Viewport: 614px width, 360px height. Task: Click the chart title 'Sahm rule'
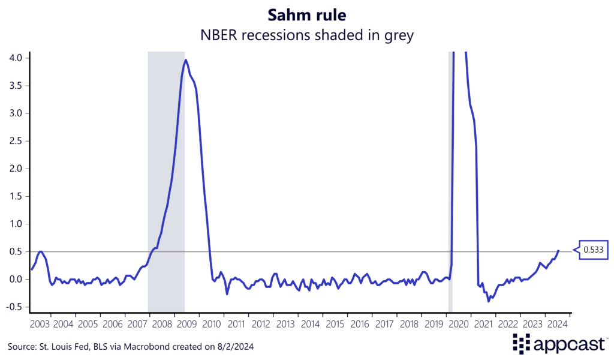pyautogui.click(x=307, y=13)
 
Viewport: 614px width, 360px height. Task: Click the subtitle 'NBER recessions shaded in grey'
pyautogui.click(x=307, y=35)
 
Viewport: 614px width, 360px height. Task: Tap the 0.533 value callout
pyautogui.click(x=594, y=250)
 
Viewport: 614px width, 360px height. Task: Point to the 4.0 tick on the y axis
pyautogui.click(x=16, y=58)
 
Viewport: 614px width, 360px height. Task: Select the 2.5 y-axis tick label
pyautogui.click(x=16, y=141)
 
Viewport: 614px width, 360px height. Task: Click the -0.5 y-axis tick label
pyautogui.click(x=14, y=307)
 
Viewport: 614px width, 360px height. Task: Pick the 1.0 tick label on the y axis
pyautogui.click(x=16, y=224)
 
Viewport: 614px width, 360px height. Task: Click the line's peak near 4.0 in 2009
pyautogui.click(x=186, y=60)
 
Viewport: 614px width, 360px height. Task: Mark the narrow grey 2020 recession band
pyautogui.click(x=450, y=180)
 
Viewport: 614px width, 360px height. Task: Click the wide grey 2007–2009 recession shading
pyautogui.click(x=166, y=180)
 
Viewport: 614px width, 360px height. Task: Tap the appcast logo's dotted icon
pyautogui.click(x=522, y=343)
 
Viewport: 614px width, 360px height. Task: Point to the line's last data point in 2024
pyautogui.click(x=558, y=250)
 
